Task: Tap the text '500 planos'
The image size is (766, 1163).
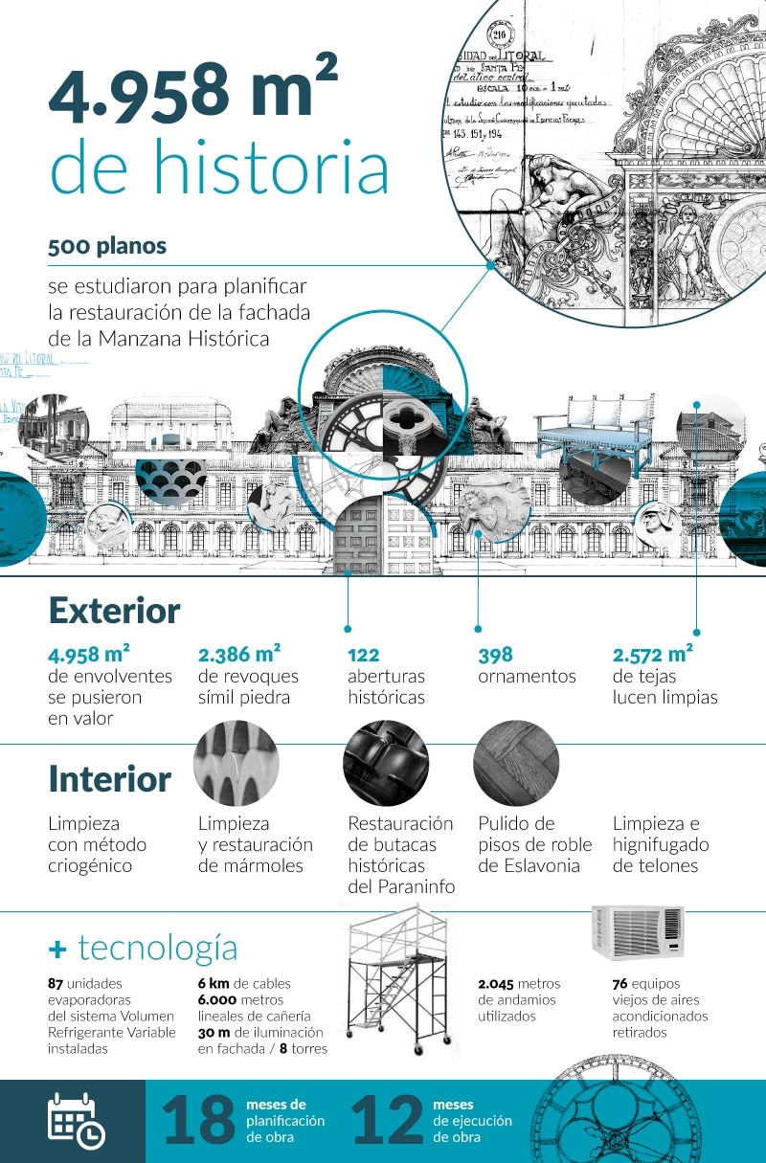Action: [x=107, y=246]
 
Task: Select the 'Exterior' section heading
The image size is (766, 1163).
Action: [x=114, y=611]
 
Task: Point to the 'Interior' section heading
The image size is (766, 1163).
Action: [x=109, y=779]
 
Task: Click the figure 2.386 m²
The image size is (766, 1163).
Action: [x=238, y=655]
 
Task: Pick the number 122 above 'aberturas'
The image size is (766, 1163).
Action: [x=364, y=656]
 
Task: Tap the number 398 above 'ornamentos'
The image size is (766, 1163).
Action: [x=495, y=656]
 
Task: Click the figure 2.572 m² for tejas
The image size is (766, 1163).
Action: [x=652, y=655]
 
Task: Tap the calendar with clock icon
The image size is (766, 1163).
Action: [x=76, y=1120]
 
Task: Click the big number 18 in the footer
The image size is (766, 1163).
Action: [x=198, y=1121]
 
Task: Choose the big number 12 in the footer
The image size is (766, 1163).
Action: [x=387, y=1121]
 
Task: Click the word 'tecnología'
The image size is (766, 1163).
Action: [x=157, y=948]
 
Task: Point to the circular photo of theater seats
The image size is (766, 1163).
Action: [x=386, y=763]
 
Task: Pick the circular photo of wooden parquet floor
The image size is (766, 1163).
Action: [x=516, y=763]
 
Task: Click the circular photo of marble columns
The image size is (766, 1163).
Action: [x=237, y=763]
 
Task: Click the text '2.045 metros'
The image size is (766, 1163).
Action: [x=519, y=984]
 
